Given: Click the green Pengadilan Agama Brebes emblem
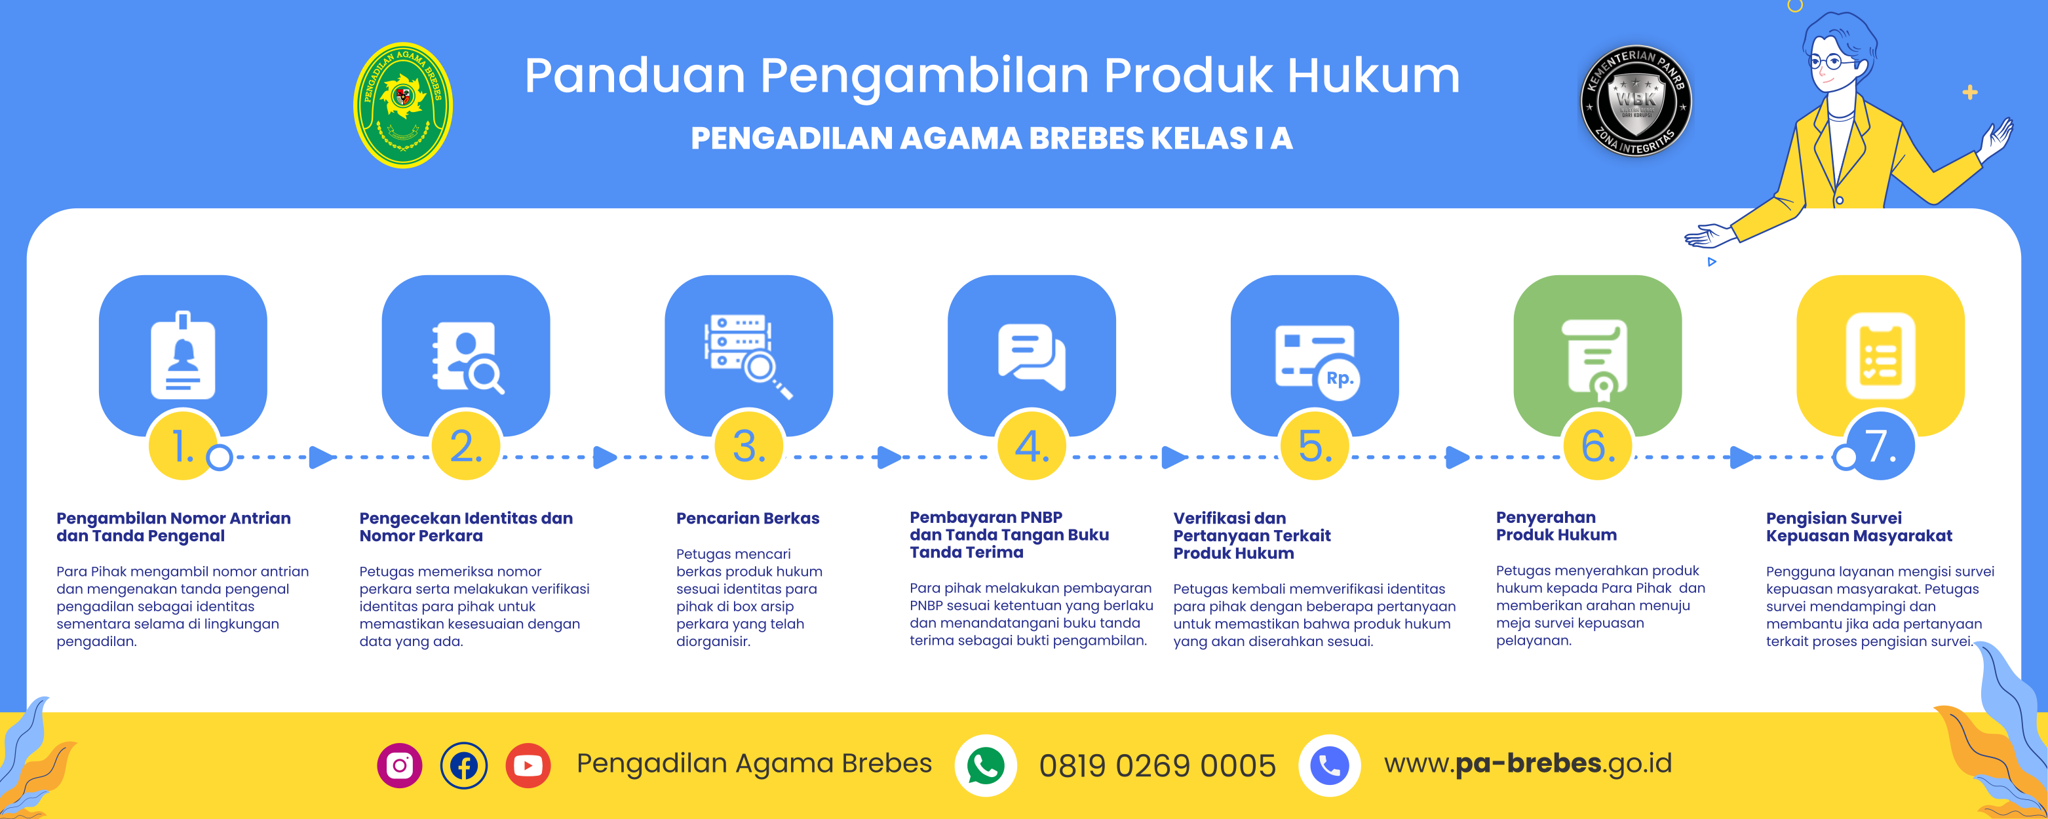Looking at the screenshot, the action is point(403,105).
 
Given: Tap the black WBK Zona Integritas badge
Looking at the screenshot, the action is point(1635,100).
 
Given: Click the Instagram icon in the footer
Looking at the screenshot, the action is point(399,765).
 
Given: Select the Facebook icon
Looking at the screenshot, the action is point(463,765).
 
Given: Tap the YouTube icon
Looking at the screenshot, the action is point(528,765).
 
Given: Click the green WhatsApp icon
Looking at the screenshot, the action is point(985,765).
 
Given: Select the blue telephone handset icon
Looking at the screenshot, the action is point(1329,765).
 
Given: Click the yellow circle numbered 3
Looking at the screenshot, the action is point(749,446).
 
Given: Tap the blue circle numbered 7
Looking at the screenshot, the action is point(1880,446).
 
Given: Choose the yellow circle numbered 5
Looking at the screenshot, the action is point(1315,446).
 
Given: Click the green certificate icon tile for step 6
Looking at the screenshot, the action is point(1597,355).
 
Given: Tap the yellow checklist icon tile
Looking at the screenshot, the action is point(1880,355).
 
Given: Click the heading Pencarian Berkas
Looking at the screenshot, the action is point(747,518).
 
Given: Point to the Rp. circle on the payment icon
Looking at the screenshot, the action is point(1339,379).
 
